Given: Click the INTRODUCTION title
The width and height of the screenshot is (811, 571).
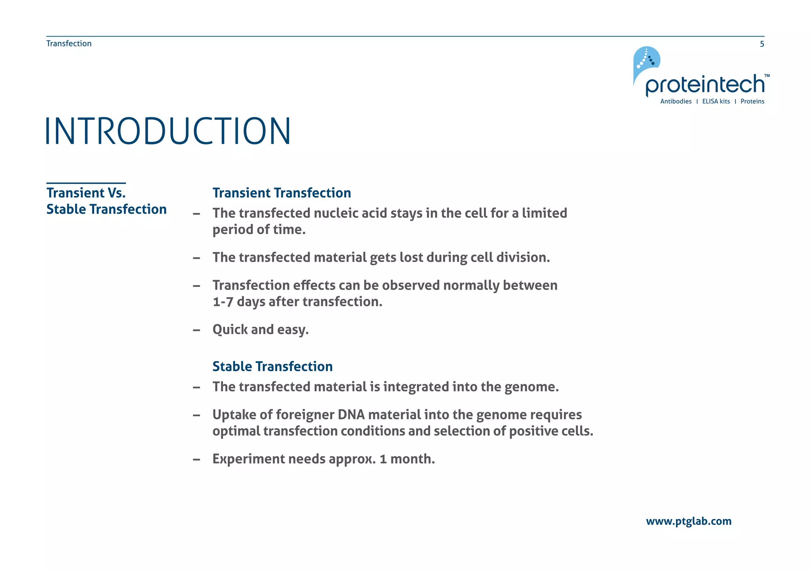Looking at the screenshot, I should click(x=168, y=131).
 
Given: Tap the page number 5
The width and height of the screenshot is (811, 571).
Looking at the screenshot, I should click(x=762, y=44).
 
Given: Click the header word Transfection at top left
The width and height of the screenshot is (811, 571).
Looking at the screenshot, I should click(x=69, y=44).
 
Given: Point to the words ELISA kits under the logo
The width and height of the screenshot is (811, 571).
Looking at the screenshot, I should click(x=716, y=102).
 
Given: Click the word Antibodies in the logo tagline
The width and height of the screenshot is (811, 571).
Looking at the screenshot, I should click(x=676, y=102).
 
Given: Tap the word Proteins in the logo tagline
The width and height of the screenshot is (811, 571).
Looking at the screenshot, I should click(x=752, y=102).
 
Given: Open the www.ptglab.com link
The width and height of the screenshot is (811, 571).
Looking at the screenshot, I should click(x=689, y=521).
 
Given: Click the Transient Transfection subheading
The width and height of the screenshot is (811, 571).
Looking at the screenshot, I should click(x=282, y=193).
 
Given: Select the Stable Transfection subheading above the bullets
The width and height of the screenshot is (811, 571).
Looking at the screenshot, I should click(x=272, y=366).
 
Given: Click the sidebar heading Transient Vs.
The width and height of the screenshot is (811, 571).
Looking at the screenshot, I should click(x=86, y=193).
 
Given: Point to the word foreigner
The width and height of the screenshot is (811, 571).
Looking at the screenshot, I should click(x=305, y=415).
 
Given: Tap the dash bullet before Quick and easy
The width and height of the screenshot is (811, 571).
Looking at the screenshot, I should click(x=196, y=330).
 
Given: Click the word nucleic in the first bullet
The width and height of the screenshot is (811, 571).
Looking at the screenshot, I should click(x=336, y=213).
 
